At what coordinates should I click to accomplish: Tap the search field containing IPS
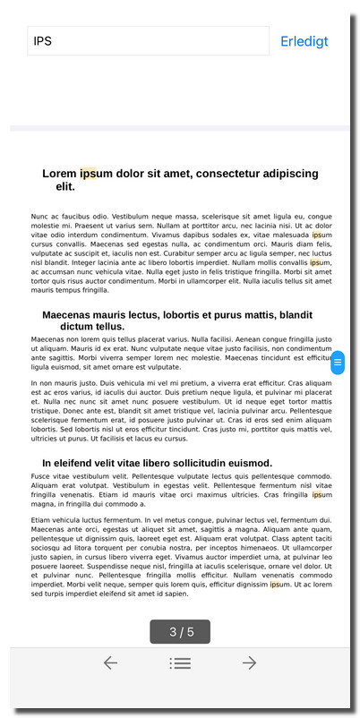pyautogui.click(x=148, y=41)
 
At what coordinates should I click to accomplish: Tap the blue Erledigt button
pyautogui.click(x=304, y=41)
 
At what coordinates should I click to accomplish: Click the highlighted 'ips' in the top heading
pyautogui.click(x=88, y=173)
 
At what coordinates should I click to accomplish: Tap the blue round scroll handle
pyautogui.click(x=338, y=363)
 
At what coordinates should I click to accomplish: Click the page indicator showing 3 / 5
pyautogui.click(x=180, y=632)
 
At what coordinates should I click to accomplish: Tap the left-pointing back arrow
pyautogui.click(x=110, y=662)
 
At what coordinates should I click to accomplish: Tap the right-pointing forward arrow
pyautogui.click(x=250, y=662)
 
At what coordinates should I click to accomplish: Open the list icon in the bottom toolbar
pyautogui.click(x=180, y=662)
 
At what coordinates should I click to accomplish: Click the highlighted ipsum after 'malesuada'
pyautogui.click(x=317, y=235)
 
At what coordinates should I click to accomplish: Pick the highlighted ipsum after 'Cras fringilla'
pyautogui.click(x=317, y=494)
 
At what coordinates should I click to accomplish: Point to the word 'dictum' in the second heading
pyautogui.click(x=80, y=327)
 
